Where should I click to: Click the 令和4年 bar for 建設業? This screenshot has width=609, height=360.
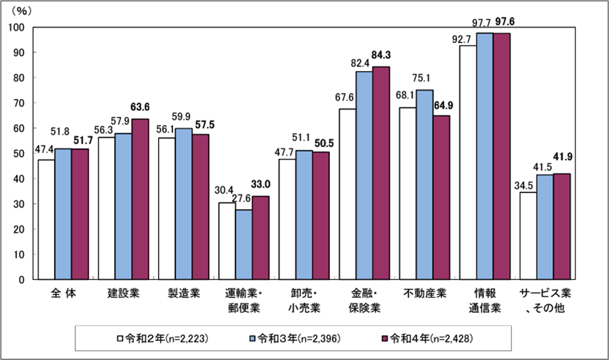[x=140, y=199]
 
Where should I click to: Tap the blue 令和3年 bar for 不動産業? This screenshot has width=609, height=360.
[x=424, y=185]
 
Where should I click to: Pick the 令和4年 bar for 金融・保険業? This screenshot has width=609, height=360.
[x=381, y=173]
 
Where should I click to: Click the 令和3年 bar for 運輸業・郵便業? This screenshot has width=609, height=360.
[x=244, y=244]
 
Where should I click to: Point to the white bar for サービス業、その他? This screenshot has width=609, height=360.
[x=528, y=235]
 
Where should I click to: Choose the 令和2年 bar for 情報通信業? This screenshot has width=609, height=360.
[x=468, y=162]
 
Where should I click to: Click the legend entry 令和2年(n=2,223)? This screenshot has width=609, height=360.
[x=164, y=338]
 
